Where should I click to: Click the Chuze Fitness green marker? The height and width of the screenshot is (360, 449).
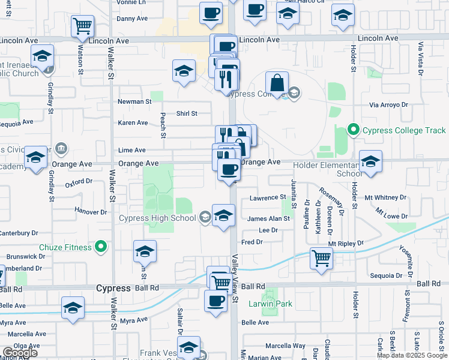point(101,247)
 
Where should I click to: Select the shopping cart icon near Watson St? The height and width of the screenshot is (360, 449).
point(82,26)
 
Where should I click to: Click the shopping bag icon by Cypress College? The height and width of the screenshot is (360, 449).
point(277,83)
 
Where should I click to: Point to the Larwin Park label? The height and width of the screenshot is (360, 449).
point(271,304)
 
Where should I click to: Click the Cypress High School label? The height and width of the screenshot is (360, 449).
point(158,217)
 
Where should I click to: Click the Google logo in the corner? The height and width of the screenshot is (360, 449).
point(20,353)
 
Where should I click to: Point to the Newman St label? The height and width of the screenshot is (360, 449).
point(134,102)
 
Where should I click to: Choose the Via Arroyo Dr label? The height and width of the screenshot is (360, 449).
point(388,104)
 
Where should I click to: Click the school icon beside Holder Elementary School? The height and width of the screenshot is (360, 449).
point(370,161)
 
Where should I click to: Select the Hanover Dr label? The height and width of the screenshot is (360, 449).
point(90,211)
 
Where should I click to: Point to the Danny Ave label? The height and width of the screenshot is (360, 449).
point(132,19)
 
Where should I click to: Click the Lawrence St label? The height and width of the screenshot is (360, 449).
point(268,197)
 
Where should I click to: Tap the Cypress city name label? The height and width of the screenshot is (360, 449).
point(113,288)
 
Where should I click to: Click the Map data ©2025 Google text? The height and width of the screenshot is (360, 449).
point(412,355)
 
